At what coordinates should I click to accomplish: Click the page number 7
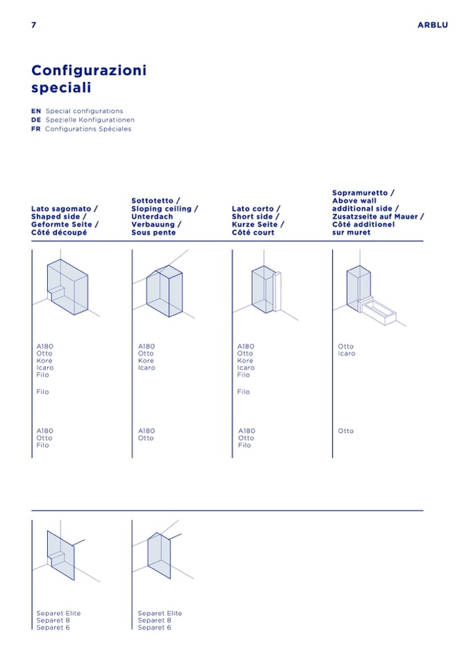point(33,25)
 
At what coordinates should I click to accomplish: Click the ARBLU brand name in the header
point(432,25)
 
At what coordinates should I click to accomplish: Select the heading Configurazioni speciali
point(89,79)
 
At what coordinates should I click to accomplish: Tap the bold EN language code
point(36,111)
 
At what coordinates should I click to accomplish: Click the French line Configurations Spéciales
point(88,129)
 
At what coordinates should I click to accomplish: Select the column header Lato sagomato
point(65,208)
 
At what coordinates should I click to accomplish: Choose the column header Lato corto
point(256,208)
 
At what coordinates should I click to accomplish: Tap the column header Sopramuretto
point(363,192)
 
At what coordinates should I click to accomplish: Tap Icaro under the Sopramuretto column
point(346,353)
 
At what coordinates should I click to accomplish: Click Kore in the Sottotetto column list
point(146,361)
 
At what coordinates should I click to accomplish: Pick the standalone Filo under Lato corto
point(243,392)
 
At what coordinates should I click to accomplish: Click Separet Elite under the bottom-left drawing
point(58,613)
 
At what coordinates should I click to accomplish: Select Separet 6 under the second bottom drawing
point(154,628)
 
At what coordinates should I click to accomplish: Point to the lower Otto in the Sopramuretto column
point(345,431)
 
